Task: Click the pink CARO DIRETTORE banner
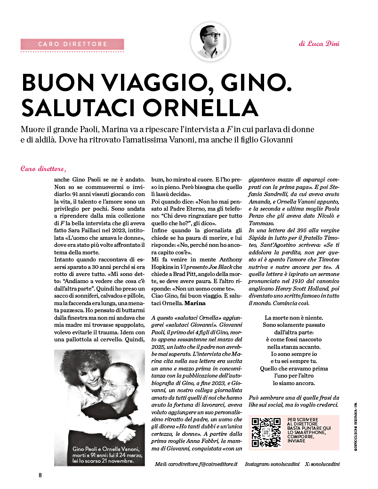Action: pyautogui.click(x=72, y=44)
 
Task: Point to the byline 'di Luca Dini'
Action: pyautogui.click(x=319, y=44)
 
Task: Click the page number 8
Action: pyautogui.click(x=40, y=474)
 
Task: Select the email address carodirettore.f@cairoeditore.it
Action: pyautogui.click(x=196, y=464)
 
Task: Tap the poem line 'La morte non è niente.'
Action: pyautogui.click(x=295, y=318)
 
